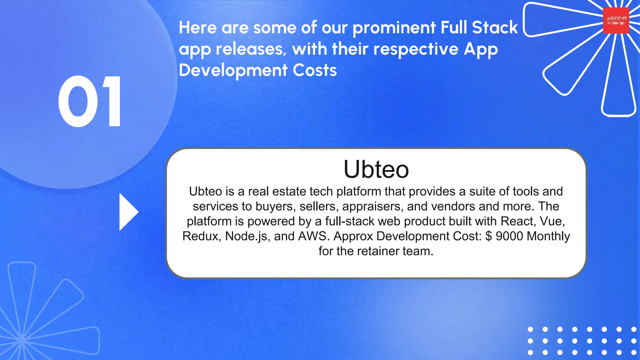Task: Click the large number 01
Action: [90, 102]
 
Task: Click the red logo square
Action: [616, 21]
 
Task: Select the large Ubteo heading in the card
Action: [376, 169]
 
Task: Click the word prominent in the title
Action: [394, 28]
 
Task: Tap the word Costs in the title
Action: [315, 70]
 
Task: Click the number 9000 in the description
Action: [509, 236]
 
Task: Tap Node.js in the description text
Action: [246, 236]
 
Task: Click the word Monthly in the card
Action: [548, 236]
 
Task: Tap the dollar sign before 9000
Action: [489, 236]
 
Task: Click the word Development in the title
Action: [233, 70]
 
